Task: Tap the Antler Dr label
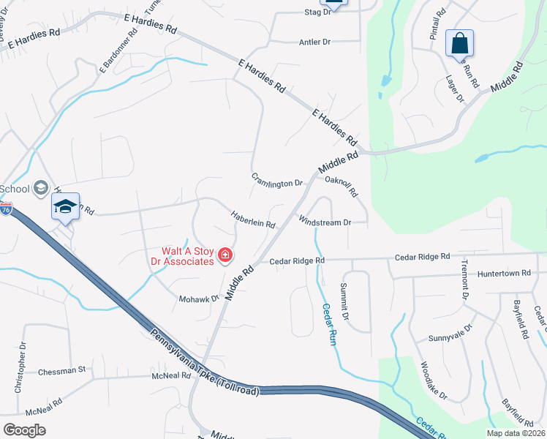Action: (x=315, y=42)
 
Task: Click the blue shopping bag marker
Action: (x=459, y=43)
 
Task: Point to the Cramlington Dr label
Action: (x=277, y=180)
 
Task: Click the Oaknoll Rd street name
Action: (x=342, y=187)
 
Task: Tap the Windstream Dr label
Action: (x=325, y=221)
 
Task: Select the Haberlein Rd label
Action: (x=253, y=219)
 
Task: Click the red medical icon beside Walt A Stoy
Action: (x=225, y=255)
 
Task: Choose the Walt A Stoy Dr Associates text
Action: (x=187, y=255)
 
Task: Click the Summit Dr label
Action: (x=345, y=304)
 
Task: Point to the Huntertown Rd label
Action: (x=503, y=274)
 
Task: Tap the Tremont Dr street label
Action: (x=464, y=281)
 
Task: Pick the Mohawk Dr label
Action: (x=199, y=299)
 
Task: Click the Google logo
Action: (x=24, y=430)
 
